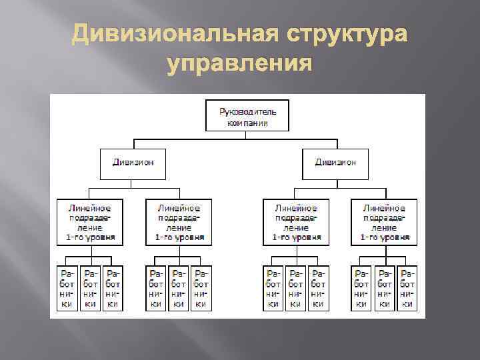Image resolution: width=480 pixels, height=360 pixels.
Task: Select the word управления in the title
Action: point(240,64)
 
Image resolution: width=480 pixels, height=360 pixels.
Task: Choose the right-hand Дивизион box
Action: point(335,163)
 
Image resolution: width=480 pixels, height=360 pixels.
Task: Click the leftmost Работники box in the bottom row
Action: point(68,289)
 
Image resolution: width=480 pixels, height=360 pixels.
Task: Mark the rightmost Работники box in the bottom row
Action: point(406,289)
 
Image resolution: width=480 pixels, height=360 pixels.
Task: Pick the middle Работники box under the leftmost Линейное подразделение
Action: point(91,289)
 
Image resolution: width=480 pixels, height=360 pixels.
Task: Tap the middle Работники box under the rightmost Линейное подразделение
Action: point(384,289)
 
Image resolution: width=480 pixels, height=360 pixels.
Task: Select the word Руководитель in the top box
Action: point(245,109)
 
